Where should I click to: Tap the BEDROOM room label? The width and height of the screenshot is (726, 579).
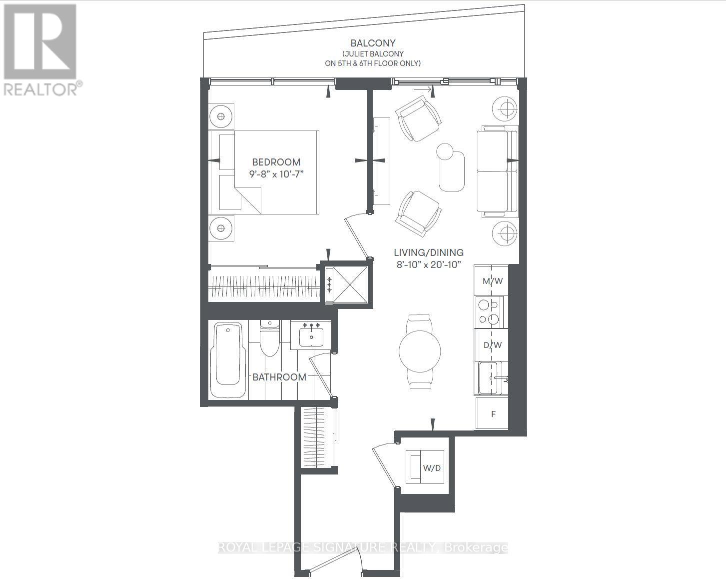(276, 162)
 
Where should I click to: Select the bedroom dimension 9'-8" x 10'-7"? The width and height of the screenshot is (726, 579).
(276, 174)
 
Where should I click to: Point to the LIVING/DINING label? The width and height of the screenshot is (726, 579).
(429, 252)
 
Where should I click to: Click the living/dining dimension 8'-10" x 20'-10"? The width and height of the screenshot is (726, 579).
(429, 265)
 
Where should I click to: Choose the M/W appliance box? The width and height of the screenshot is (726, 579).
(492, 281)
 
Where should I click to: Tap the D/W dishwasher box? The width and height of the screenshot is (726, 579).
(492, 345)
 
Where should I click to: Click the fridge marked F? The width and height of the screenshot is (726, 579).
(493, 414)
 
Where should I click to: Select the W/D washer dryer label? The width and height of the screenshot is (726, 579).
(431, 468)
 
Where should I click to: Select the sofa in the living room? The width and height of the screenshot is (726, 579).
(498, 171)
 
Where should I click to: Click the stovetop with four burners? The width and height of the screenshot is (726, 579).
(489, 311)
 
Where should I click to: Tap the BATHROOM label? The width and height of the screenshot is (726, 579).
(279, 377)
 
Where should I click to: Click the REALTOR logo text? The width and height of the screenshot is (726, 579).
(41, 89)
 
